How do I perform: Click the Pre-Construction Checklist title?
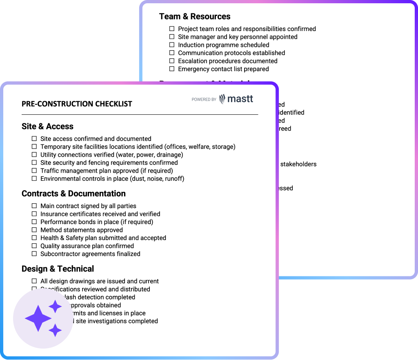pos(77,104)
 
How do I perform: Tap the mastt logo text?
pos(240,99)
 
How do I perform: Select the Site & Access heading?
pos(47,127)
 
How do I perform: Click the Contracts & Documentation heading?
pos(73,193)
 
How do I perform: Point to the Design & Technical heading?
pos(58,269)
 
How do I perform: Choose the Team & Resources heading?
pos(195,16)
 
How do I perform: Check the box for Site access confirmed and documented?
pos(34,139)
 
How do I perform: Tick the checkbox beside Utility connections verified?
pos(34,155)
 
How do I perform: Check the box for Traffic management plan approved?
pos(34,171)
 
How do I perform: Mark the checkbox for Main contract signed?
pos(34,206)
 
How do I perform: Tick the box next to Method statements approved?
pos(34,230)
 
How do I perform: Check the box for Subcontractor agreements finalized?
pos(34,254)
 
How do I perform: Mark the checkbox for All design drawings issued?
pos(34,281)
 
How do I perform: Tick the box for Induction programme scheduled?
pos(172,45)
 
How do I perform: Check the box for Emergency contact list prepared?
pos(172,69)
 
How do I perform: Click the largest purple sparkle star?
pos(38,318)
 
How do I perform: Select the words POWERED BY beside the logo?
pos(204,99)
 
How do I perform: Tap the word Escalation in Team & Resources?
pos(193,61)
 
